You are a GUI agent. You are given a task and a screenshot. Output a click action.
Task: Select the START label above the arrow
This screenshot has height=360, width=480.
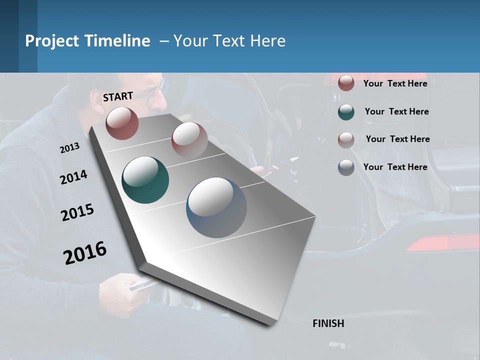[x=118, y=96]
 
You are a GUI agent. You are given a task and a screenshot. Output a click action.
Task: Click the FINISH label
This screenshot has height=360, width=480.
[x=328, y=323]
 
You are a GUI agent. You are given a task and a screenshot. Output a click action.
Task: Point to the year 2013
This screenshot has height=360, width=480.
[x=69, y=148]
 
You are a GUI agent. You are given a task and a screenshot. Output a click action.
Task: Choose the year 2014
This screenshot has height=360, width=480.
[x=73, y=177]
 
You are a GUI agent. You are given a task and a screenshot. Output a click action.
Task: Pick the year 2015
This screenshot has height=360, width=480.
[x=77, y=212]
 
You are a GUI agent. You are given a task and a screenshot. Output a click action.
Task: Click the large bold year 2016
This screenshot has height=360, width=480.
[x=85, y=252]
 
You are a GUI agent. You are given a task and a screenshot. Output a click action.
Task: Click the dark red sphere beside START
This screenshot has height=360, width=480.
[x=122, y=123]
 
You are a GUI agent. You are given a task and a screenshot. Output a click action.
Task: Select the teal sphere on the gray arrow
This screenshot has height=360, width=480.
[x=145, y=180]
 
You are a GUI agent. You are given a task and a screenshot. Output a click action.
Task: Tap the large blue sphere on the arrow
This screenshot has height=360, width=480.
[x=216, y=207]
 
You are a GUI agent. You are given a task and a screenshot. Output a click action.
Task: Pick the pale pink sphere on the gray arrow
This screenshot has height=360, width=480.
[x=189, y=140]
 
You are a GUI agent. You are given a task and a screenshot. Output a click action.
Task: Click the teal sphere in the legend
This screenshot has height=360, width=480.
[x=346, y=112]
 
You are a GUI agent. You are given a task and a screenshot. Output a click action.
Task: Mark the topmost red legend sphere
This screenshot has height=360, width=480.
[x=346, y=83]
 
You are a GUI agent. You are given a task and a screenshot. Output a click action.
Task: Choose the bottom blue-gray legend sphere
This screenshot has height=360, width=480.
[x=346, y=167]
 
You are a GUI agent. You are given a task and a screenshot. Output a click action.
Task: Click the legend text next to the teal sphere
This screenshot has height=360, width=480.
[x=396, y=111]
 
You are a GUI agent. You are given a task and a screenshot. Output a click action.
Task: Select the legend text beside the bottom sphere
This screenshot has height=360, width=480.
[x=395, y=167]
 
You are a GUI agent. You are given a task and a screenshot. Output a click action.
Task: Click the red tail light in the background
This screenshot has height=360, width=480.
[x=440, y=244]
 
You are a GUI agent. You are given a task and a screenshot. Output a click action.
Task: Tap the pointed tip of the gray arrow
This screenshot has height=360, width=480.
[x=272, y=324]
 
